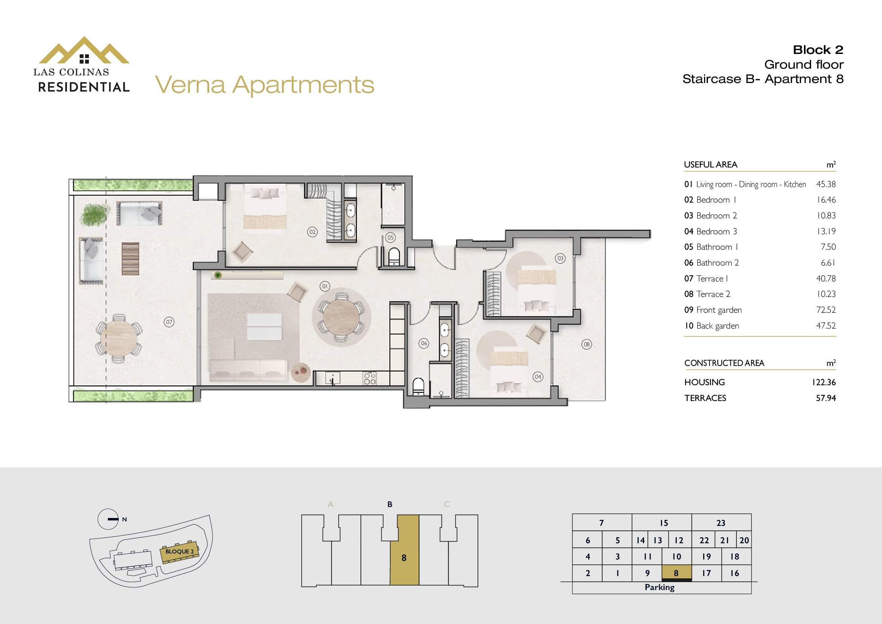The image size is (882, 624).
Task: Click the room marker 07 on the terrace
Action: click(x=169, y=322)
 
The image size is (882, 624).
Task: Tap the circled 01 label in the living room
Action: click(x=325, y=286)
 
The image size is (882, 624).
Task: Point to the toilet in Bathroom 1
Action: click(x=394, y=257)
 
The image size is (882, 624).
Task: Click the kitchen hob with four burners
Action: click(x=369, y=378)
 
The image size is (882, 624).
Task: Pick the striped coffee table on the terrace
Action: click(x=130, y=258)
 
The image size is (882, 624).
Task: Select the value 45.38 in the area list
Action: click(x=825, y=184)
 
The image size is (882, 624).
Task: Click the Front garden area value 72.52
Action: click(x=825, y=310)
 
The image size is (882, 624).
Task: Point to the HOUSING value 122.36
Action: click(x=824, y=382)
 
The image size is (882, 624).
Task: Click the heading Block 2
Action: click(x=818, y=50)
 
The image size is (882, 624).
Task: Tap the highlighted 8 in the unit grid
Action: click(x=676, y=573)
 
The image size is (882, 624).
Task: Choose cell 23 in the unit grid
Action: click(x=721, y=523)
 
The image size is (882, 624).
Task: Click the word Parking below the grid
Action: click(x=660, y=587)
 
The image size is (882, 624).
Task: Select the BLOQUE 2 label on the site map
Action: click(x=179, y=552)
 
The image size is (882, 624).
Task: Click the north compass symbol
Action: click(x=108, y=519)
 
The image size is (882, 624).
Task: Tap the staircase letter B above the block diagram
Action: click(x=390, y=504)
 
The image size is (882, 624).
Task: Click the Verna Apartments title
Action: click(x=265, y=85)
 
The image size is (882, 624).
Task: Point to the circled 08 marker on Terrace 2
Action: click(x=587, y=345)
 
